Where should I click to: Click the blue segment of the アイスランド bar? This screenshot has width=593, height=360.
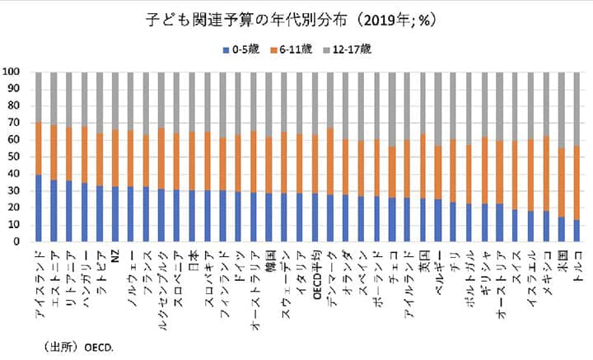point(39,208)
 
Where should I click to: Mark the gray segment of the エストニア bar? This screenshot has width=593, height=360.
point(54,98)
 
